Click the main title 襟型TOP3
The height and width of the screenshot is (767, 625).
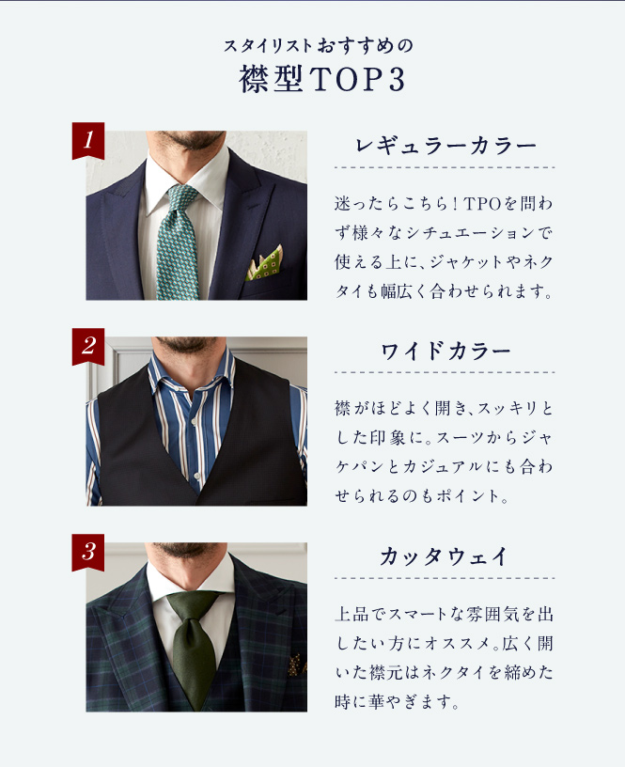pos(321,80)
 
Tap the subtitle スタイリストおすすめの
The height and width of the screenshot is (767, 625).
pos(319,46)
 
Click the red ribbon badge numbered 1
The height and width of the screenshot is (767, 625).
pos(88,140)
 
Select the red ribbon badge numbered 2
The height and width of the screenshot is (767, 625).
pos(88,346)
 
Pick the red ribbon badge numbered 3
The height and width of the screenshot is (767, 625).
pos(88,553)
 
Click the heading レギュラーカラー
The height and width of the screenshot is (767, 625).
pos(445,146)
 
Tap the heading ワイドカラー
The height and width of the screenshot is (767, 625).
pos(445,352)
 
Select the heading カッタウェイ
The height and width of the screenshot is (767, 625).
pos(444,556)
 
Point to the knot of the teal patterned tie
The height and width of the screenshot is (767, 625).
pos(182,196)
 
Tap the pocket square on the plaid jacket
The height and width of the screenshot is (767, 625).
pos(295,664)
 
